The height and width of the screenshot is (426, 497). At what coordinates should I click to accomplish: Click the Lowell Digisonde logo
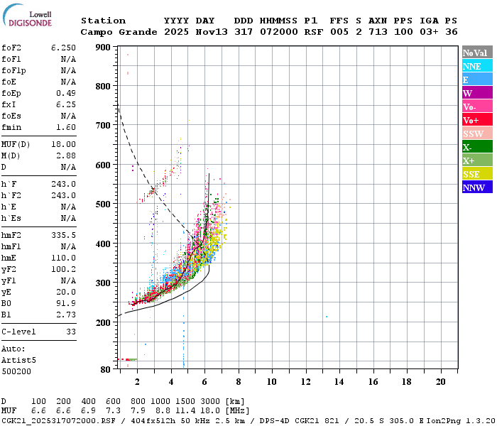[x=27, y=16]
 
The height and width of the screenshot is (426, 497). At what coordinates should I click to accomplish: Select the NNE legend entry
[x=477, y=66]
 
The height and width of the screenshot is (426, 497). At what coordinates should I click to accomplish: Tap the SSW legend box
[x=477, y=133]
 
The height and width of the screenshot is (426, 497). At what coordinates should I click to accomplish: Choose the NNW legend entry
[x=477, y=187]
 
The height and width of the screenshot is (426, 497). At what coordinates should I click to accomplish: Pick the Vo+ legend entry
[x=477, y=120]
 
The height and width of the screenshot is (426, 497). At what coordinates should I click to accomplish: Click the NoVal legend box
[x=477, y=53]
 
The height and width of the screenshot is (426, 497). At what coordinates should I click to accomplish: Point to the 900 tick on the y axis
[x=103, y=48]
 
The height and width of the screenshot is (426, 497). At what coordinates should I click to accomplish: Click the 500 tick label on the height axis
[x=103, y=204]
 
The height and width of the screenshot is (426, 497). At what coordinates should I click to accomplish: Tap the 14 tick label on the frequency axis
[x=339, y=382]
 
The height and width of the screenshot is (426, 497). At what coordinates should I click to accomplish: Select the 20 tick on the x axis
[x=441, y=382]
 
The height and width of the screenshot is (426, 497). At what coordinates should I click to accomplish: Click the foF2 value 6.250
[x=63, y=48]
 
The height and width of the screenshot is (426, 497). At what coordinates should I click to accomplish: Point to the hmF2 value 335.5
[x=63, y=235]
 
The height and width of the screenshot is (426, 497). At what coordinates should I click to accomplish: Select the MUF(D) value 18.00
[x=63, y=145]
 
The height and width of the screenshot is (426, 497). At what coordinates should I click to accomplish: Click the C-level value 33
[x=71, y=332]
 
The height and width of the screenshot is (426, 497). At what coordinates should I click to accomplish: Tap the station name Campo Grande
[x=119, y=32]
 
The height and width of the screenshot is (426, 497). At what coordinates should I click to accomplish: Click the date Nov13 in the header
[x=212, y=32]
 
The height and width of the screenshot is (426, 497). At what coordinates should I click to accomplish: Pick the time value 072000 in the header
[x=279, y=32]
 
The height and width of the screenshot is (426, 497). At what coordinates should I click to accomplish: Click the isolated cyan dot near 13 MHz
[x=327, y=317]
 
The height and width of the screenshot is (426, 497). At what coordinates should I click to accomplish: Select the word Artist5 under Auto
[x=18, y=361]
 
